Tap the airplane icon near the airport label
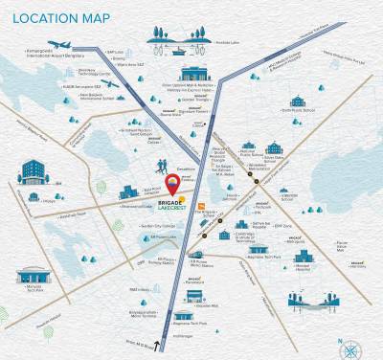(x=59, y=44)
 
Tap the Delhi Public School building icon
(x=298, y=101)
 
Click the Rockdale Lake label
(x=229, y=42)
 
